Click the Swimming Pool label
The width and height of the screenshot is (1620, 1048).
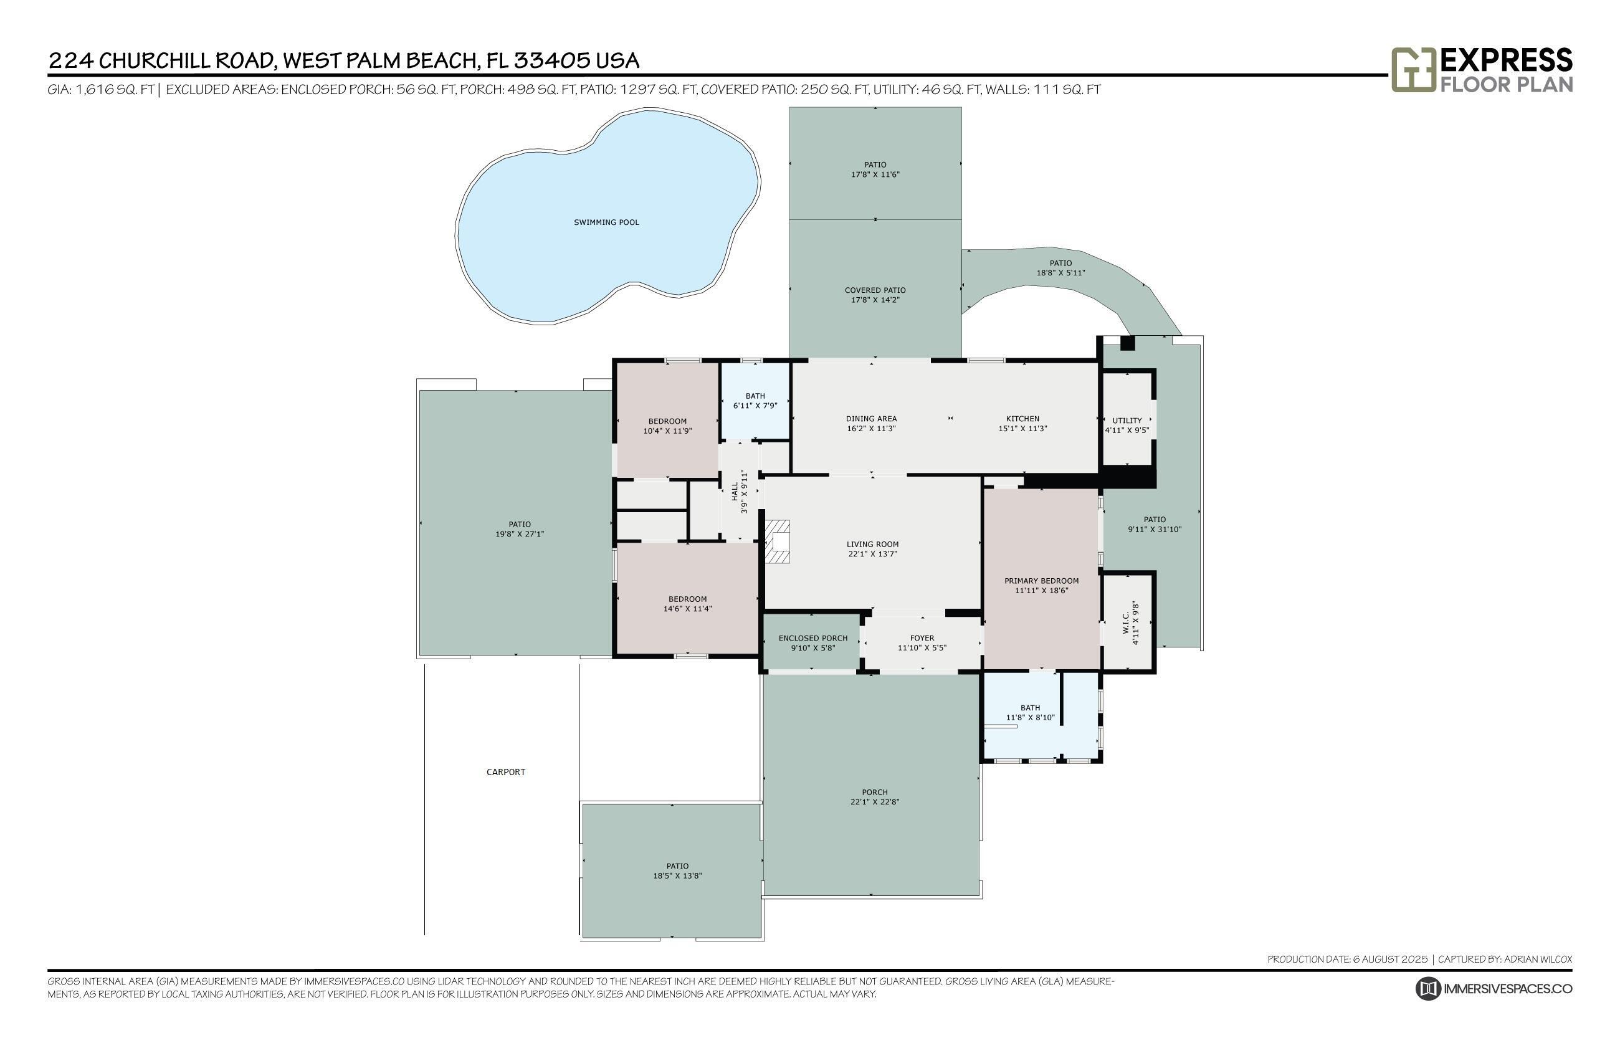[x=606, y=222]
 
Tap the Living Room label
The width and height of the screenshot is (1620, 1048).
[x=872, y=545]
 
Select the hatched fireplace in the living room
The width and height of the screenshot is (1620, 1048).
[x=777, y=541]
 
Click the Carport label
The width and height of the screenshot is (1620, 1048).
[x=505, y=772]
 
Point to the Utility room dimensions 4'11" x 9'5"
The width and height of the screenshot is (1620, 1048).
[x=1126, y=430]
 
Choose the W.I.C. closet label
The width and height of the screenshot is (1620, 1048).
[x=1125, y=622]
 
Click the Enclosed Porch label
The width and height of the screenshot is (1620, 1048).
[x=812, y=638]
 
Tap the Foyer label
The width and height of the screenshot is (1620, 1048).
[x=922, y=638]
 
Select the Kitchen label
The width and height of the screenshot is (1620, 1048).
[x=1022, y=419]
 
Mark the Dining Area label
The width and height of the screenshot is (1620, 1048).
[x=871, y=419]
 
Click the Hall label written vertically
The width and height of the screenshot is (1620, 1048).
[x=734, y=492]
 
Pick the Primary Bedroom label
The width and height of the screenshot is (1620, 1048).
[x=1041, y=581]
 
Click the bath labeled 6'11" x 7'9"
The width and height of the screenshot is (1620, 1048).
[x=755, y=401]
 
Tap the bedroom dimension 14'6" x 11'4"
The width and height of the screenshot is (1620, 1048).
[x=687, y=609]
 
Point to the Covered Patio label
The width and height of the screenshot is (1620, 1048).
[x=874, y=290]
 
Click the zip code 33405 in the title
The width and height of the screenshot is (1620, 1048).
[x=551, y=60]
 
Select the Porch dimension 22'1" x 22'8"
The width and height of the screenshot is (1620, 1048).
[x=874, y=802]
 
